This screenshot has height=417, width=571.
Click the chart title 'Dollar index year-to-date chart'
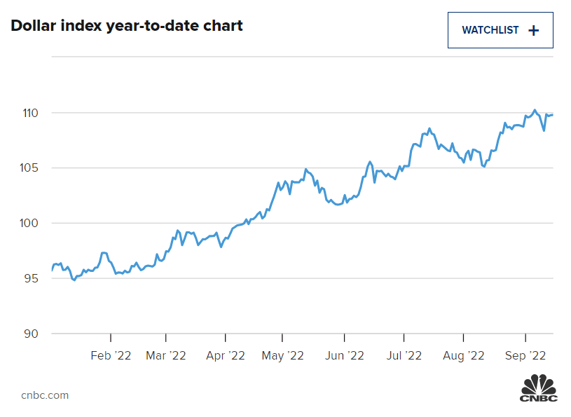point(127,27)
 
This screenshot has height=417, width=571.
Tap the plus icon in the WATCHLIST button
point(534,30)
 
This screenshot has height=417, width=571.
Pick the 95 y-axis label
point(30,278)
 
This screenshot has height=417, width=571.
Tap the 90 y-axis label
point(30,334)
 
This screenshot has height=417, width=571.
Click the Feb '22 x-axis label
point(111,356)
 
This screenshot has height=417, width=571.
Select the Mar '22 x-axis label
point(166,356)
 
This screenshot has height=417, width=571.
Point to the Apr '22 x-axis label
point(226,356)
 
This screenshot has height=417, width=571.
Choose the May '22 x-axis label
point(282,356)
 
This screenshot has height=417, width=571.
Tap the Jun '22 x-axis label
point(345,356)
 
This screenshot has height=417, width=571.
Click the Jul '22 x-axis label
point(404,356)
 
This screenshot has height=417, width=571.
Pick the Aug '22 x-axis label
point(463,356)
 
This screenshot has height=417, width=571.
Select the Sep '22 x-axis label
point(525,356)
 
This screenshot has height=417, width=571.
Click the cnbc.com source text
point(45,395)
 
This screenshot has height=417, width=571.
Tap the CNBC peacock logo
point(538,389)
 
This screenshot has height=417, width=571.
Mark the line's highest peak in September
point(535,109)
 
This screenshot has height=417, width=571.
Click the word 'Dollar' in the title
point(32,27)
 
